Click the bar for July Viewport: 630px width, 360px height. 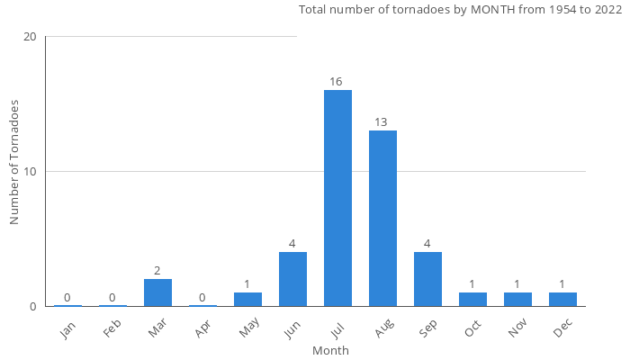337,198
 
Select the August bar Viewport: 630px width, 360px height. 382,218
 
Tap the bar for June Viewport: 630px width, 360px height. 292,279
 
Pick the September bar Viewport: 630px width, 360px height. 427,279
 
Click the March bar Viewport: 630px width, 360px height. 157,292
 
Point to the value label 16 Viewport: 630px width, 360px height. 336,82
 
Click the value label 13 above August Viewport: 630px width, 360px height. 381,122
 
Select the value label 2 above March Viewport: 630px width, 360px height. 157,271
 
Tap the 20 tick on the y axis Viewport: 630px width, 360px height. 31,37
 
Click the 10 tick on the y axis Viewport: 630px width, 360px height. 31,172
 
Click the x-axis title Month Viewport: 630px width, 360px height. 330,351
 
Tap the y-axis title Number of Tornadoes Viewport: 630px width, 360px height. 15,162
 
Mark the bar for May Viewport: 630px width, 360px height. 247,299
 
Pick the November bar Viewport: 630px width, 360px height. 517,299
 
